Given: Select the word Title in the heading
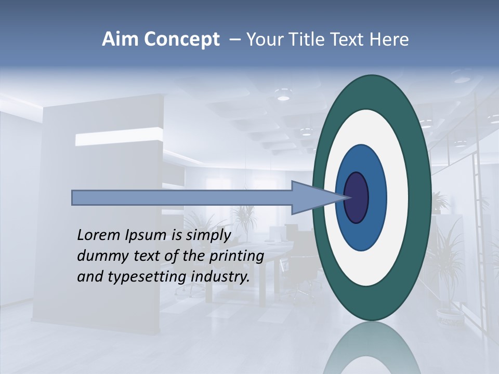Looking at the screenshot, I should (x=318, y=39).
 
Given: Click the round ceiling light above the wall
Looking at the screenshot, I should (x=283, y=97).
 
